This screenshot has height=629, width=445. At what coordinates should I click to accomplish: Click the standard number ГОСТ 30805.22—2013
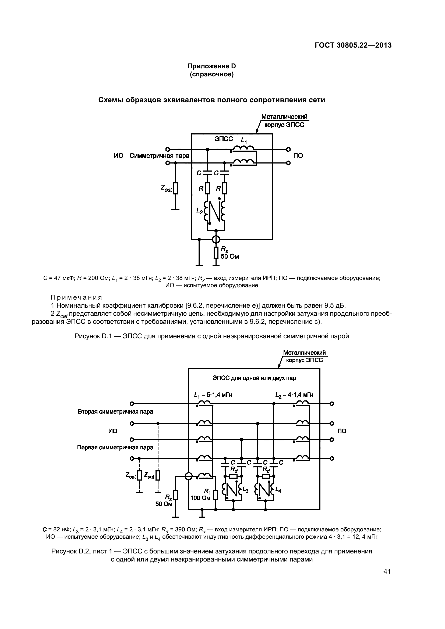click(353, 45)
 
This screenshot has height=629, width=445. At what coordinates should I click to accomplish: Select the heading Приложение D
click(211, 66)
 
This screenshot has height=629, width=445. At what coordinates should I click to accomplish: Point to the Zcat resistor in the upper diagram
click(175, 188)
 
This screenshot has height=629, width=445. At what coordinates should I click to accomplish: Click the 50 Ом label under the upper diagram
click(229, 257)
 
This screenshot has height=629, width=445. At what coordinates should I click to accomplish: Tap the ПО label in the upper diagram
click(298, 156)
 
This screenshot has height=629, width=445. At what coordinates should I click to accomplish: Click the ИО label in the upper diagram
click(119, 156)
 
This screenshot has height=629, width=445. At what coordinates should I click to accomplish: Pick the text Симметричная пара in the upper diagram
click(159, 156)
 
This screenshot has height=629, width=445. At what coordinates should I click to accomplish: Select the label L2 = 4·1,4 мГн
click(294, 395)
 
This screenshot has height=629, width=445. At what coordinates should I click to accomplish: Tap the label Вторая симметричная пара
click(115, 412)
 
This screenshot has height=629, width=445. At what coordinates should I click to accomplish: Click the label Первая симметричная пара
click(115, 448)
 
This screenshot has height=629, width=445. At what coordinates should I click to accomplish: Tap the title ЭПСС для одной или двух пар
click(254, 378)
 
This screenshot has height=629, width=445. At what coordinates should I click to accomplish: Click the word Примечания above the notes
click(76, 297)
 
